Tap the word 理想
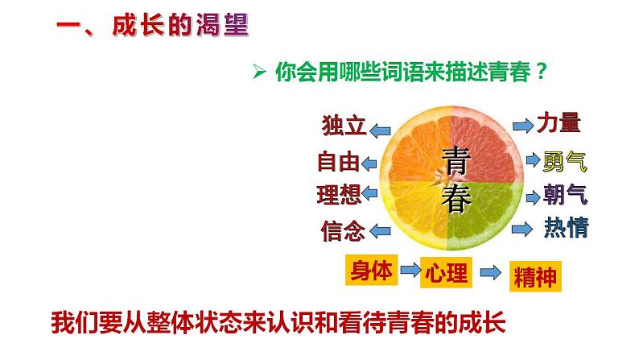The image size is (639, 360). tap(339, 195)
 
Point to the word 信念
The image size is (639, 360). tap(342, 231)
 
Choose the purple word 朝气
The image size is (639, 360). tap(565, 195)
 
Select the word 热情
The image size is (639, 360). tap(566, 228)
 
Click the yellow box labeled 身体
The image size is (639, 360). tap(372, 271)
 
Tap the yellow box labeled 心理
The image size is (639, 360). tap(445, 273)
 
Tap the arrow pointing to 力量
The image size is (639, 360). tap(524, 125)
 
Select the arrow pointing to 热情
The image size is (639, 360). tap(523, 229)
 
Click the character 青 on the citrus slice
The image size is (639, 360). tap(456, 162)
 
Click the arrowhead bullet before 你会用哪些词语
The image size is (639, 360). tap(259, 72)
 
